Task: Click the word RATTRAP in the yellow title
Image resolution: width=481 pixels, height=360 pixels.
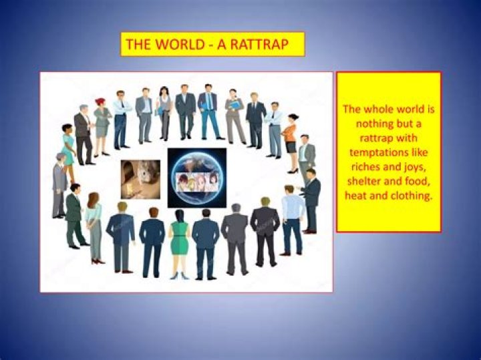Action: coord(257,45)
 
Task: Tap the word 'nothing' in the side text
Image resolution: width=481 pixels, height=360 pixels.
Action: coord(367,124)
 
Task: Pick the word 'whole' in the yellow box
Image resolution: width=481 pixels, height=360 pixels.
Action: coord(379,108)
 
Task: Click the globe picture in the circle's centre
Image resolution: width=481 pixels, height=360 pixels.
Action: coord(196,178)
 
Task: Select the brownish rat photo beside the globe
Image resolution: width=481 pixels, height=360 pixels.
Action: coord(140,178)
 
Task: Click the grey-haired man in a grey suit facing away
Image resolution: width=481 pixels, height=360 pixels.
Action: coord(234,236)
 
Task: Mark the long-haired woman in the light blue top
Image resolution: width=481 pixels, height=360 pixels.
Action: coord(94,227)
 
